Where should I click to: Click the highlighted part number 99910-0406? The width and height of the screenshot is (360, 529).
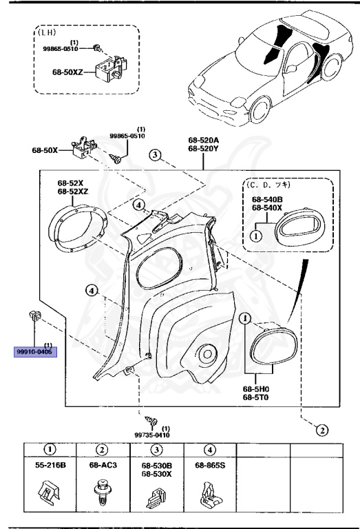(36, 351)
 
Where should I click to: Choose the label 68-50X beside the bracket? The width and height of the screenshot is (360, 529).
(43, 149)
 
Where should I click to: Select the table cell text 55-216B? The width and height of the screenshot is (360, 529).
(50, 466)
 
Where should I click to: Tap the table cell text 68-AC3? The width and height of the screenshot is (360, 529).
(103, 466)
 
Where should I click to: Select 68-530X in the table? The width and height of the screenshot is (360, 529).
(156, 474)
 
